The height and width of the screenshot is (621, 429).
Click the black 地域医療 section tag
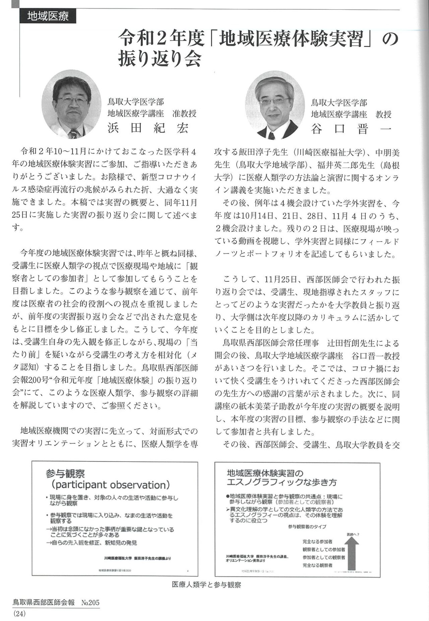point(48,16)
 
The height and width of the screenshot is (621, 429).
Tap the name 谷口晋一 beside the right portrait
point(351,129)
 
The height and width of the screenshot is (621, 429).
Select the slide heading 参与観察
point(66,474)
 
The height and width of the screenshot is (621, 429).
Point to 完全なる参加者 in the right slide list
point(317,542)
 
